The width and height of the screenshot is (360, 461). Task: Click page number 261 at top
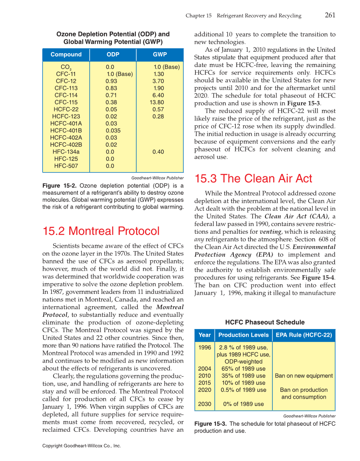point(330,15)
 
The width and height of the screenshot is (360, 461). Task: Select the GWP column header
point(159,55)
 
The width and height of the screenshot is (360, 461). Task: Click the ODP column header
point(113,55)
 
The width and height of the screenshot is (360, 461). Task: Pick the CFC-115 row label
point(66,102)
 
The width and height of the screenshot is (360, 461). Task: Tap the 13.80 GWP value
point(156,102)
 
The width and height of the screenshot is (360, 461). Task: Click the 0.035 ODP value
point(113,131)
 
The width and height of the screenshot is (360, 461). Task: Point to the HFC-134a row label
point(66,152)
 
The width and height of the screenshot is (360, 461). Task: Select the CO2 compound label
point(66,67)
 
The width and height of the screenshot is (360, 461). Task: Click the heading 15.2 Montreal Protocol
point(101,231)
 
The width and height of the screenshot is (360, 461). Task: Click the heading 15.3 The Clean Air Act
point(253,179)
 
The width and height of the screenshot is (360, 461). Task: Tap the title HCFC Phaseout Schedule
point(265,322)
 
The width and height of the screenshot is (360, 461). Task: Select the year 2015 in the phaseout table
point(204,383)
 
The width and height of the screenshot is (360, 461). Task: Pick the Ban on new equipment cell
point(304,376)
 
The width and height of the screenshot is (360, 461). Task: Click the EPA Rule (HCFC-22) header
point(304,335)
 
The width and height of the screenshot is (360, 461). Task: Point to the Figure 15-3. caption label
point(210,424)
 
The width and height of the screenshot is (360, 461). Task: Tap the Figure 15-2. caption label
point(59,186)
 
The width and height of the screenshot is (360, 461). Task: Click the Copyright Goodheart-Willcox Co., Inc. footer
point(82,446)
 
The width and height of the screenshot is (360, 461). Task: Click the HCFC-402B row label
point(66,145)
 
